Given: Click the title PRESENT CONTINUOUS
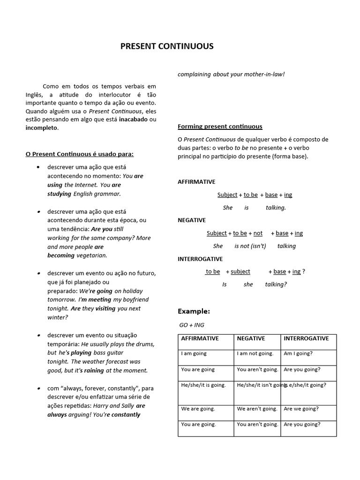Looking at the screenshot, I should pyautogui.click(x=167, y=46).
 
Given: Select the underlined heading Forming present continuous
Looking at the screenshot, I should pyautogui.click(x=220, y=127).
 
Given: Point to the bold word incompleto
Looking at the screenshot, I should pyautogui.click(x=42, y=128).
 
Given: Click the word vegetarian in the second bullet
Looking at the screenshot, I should pyautogui.click(x=92, y=255).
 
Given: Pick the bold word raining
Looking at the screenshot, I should pyautogui.click(x=94, y=370).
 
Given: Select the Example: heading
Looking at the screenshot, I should pyautogui.click(x=194, y=311).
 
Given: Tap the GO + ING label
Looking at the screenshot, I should pyautogui.click(x=192, y=325).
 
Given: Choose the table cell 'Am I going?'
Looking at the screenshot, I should pyautogui.click(x=298, y=353).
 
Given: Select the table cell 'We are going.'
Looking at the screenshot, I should pyautogui.click(x=198, y=409).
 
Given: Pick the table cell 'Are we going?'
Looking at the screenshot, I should pyautogui.click(x=301, y=409).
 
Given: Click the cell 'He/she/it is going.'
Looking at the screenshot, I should pyautogui.click(x=203, y=385).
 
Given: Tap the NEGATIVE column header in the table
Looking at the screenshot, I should pyautogui.click(x=251, y=338).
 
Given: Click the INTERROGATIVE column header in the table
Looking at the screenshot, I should pyautogui.click(x=306, y=338).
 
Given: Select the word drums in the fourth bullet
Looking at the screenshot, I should pyautogui.click(x=145, y=344).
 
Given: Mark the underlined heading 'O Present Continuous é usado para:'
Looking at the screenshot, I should pyautogui.click(x=80, y=154).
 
